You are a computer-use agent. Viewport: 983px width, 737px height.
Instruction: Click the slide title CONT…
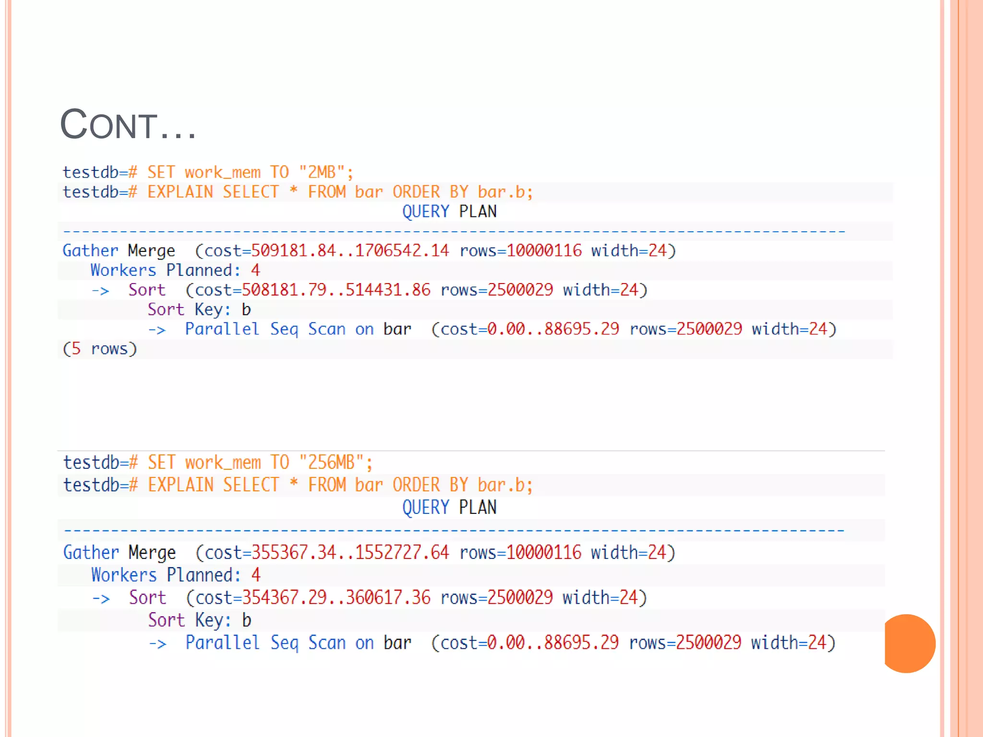128,125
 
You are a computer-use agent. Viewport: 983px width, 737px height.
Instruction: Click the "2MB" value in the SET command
321,172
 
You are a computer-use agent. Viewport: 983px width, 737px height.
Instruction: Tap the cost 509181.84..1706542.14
350,250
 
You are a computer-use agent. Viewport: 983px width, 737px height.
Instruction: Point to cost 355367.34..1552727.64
350,553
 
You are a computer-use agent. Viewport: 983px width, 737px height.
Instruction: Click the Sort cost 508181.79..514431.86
336,290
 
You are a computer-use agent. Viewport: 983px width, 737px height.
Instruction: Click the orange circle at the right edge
909,643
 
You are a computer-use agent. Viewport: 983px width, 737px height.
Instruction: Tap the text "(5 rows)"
100,349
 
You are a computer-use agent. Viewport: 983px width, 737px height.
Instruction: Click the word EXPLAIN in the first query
180,192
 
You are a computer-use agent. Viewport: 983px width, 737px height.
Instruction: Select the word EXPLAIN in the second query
180,485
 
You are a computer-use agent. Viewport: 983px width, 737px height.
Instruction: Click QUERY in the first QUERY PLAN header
425,212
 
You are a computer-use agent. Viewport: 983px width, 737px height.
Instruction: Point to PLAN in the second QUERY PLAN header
478,507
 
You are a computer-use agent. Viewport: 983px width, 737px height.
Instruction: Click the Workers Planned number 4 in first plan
255,270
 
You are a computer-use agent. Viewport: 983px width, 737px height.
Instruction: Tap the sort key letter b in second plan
247,620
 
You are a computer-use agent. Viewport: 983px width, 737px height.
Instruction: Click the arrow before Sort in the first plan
101,291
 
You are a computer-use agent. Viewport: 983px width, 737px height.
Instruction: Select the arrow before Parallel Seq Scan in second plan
157,643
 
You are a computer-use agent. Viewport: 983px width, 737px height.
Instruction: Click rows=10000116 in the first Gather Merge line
520,250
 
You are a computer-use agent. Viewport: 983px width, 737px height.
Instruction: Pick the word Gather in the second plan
91,553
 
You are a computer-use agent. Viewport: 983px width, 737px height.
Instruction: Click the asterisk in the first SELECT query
293,191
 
